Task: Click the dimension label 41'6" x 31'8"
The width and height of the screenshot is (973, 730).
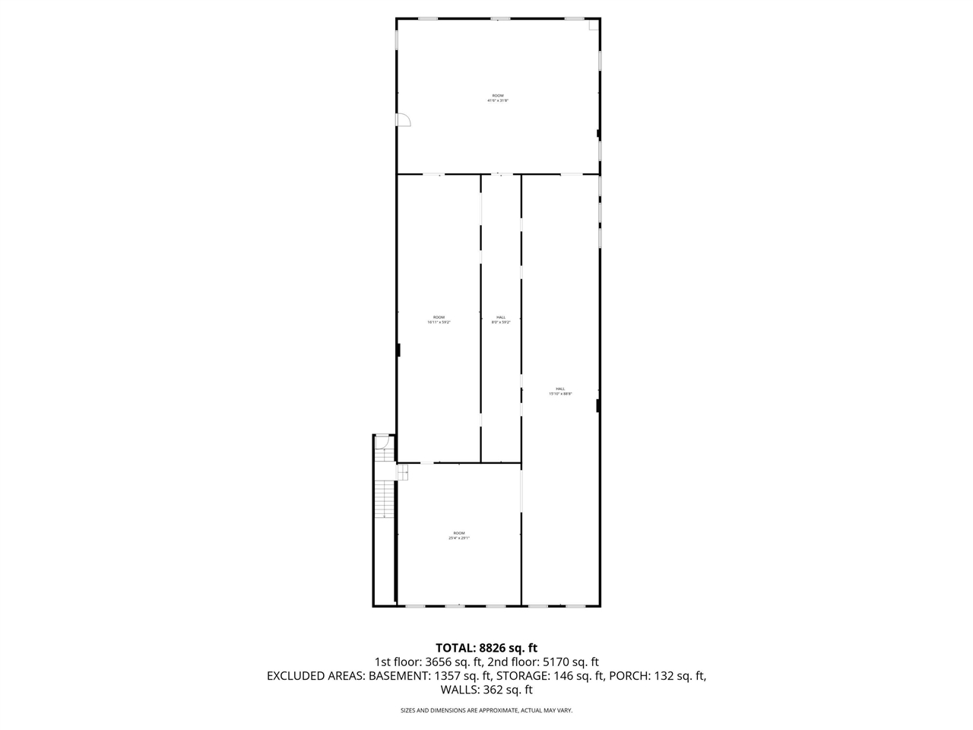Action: pyautogui.click(x=497, y=100)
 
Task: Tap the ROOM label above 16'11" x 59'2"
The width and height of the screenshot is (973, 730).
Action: pyautogui.click(x=439, y=317)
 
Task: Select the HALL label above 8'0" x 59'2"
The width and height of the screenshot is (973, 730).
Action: pyautogui.click(x=501, y=317)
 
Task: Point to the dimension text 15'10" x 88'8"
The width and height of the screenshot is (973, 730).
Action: pyautogui.click(x=560, y=394)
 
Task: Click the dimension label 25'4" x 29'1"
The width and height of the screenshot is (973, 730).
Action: pyautogui.click(x=459, y=538)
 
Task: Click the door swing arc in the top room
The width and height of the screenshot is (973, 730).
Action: pyautogui.click(x=404, y=119)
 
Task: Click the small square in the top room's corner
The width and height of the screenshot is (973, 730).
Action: pyautogui.click(x=593, y=25)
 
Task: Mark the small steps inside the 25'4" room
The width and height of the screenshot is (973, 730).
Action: pyautogui.click(x=402, y=471)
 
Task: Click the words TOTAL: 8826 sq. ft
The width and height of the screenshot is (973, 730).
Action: pyautogui.click(x=486, y=648)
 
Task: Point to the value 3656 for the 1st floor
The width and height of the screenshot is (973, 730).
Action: pyautogui.click(x=442, y=662)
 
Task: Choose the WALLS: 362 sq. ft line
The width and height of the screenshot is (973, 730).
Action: pyautogui.click(x=486, y=690)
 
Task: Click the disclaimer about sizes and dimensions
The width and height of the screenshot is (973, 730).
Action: pyautogui.click(x=486, y=711)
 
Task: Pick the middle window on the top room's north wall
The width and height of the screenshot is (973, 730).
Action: pyautogui.click(x=499, y=18)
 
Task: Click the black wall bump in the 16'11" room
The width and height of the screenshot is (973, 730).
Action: pyautogui.click(x=399, y=350)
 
